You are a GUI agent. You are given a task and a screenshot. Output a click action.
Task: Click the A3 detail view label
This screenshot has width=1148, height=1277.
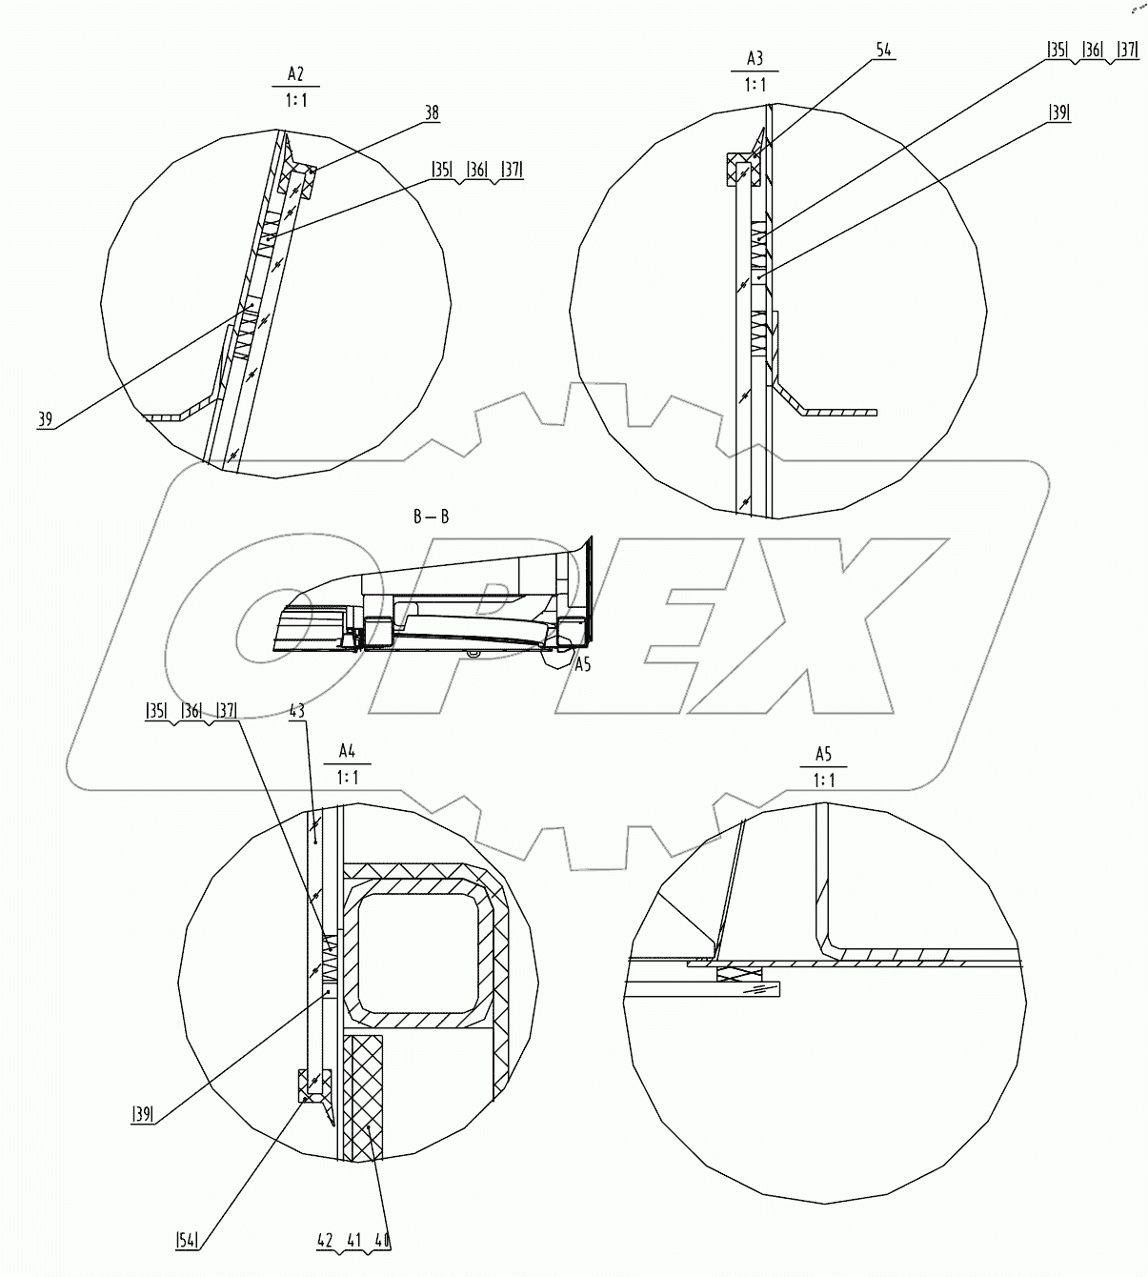point(755,58)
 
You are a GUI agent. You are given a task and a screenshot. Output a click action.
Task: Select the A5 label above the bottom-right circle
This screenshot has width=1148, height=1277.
point(823,755)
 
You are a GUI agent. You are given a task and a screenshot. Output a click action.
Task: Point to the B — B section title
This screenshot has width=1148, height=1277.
point(431,517)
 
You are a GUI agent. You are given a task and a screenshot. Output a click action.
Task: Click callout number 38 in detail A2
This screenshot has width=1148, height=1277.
point(432,112)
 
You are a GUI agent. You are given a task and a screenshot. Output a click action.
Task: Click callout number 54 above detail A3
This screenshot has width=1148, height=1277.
point(883,51)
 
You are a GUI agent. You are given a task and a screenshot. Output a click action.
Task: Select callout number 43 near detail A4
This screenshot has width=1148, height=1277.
point(297,711)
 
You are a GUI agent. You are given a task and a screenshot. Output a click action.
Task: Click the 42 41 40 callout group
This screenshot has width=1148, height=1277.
point(354,1241)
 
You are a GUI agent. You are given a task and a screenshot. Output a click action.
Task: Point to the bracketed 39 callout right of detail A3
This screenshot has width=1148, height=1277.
point(1057,112)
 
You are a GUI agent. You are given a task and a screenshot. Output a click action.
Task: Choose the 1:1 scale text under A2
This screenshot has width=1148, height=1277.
point(294,98)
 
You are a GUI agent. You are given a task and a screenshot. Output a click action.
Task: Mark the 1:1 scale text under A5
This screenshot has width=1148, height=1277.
point(823,780)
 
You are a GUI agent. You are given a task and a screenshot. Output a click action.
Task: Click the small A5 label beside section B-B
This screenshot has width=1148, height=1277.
point(582,665)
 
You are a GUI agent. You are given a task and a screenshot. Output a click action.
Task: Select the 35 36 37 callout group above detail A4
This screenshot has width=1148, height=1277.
point(191,710)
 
